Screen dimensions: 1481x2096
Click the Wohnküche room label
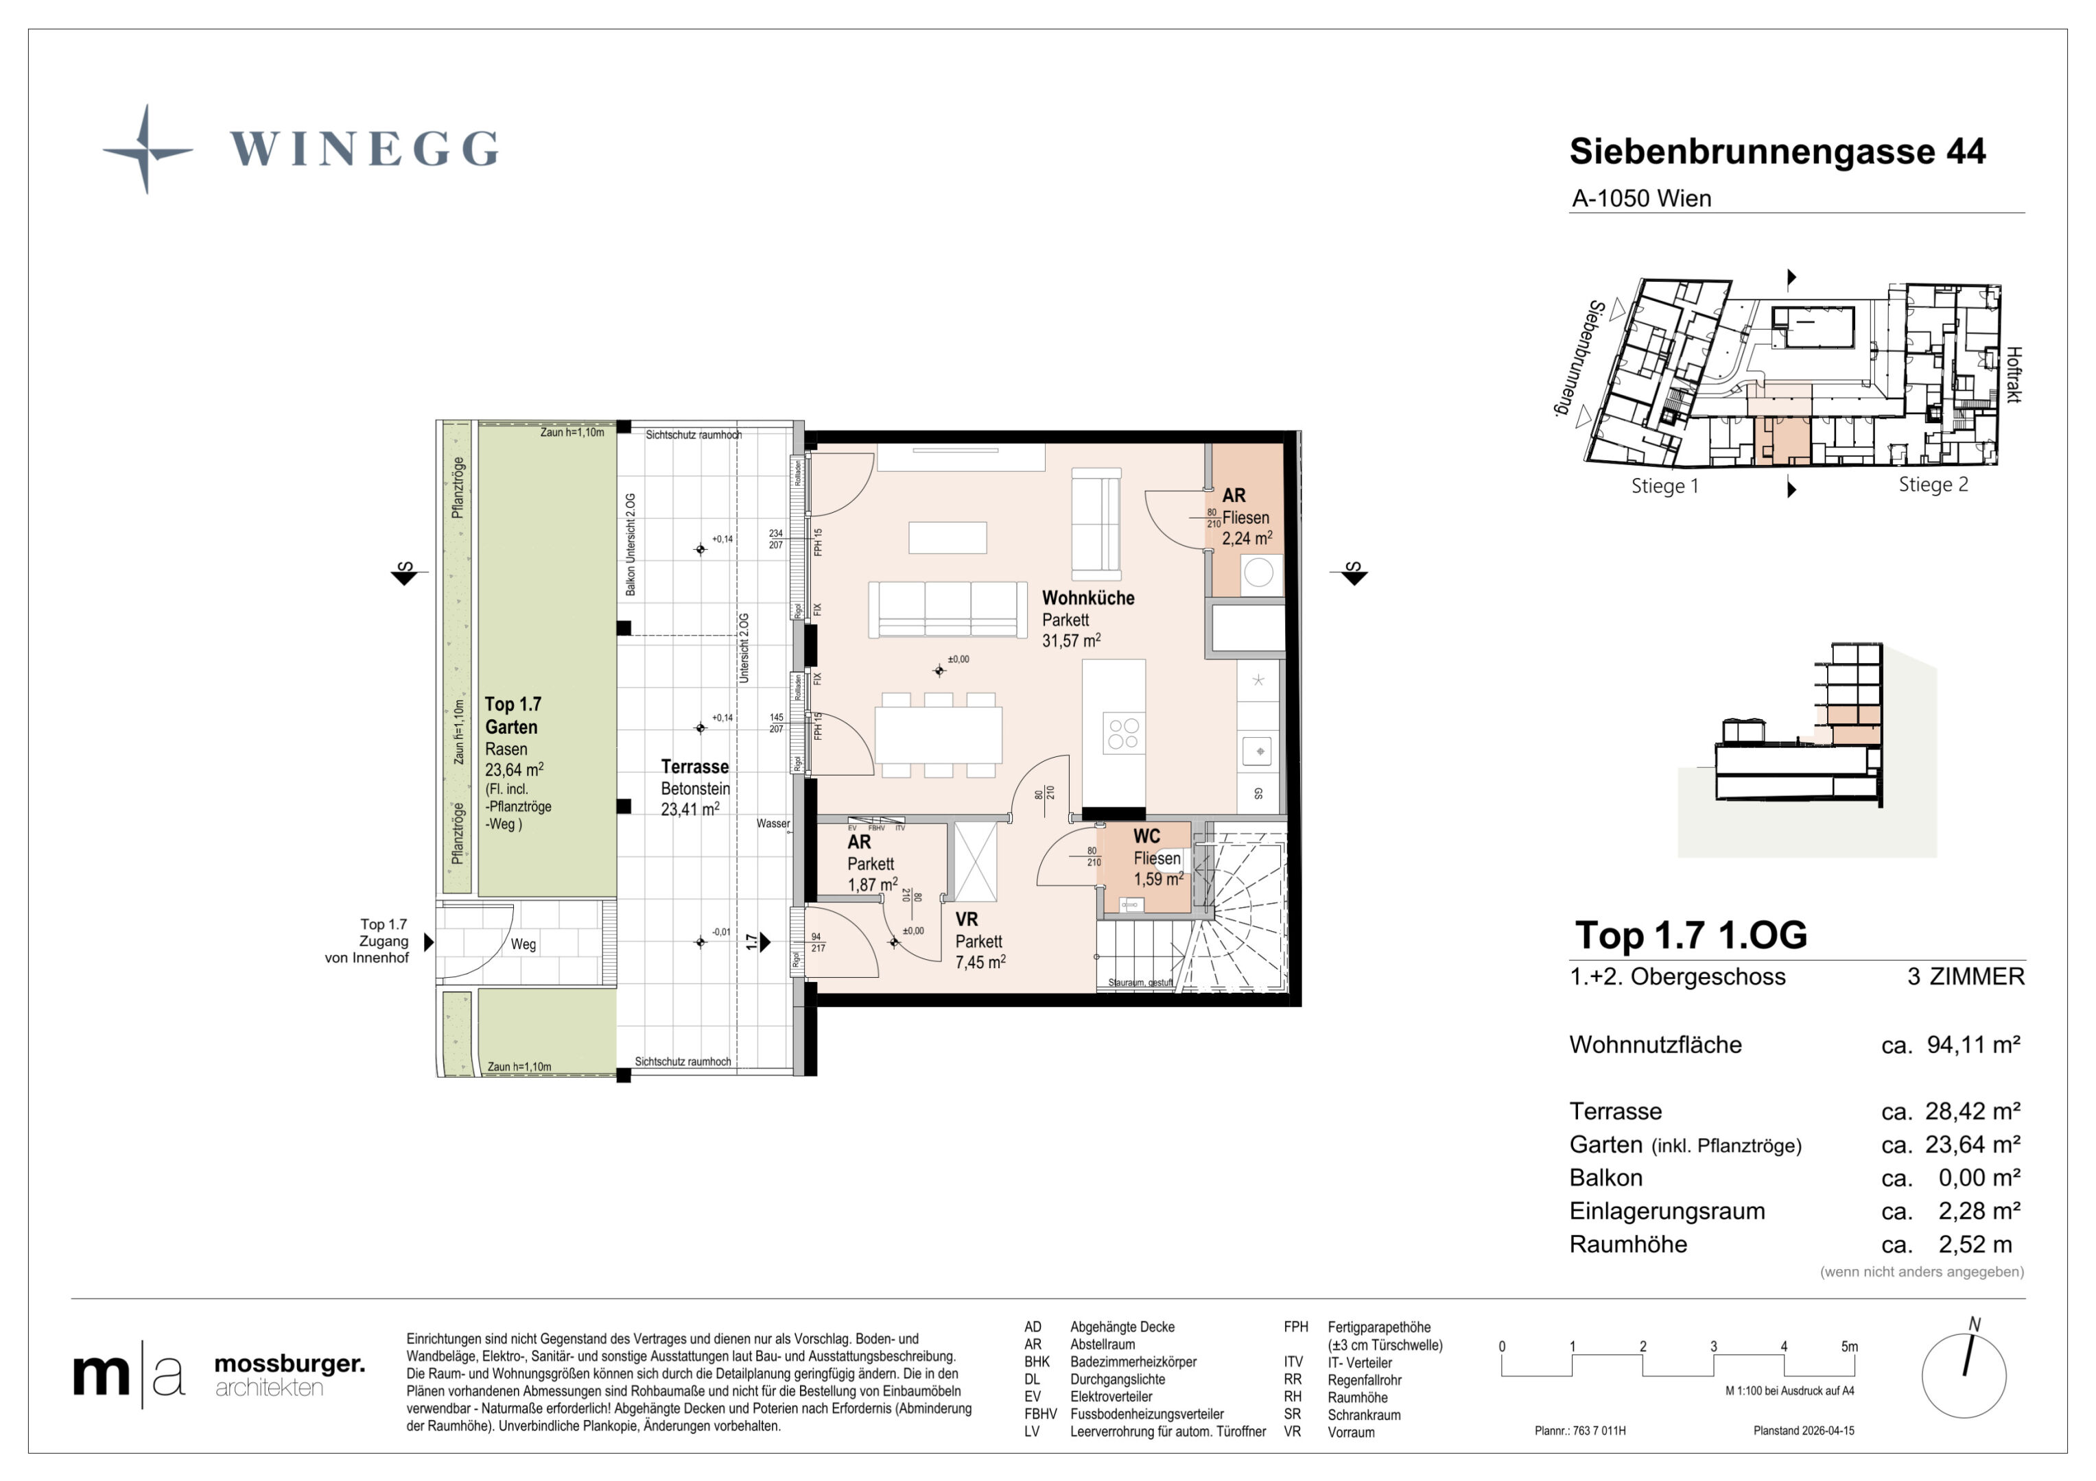[1087, 599]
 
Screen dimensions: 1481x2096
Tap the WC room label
[1146, 836]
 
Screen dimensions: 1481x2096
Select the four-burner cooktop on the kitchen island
[1122, 734]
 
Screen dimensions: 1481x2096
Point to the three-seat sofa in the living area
[947, 609]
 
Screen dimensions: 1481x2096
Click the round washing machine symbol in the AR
[1258, 573]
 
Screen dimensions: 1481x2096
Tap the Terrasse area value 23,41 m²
[690, 809]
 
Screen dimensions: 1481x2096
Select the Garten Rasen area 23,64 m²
[514, 770]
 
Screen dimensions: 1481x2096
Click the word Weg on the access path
[523, 944]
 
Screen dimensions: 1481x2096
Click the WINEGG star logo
[147, 149]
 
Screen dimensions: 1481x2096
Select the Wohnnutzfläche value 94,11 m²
[1972, 1045]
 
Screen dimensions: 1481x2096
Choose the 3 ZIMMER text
[1966, 976]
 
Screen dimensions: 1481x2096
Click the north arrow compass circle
[1964, 1375]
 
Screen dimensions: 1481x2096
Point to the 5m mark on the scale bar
[1848, 1347]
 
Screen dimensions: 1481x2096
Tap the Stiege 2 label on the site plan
[1933, 485]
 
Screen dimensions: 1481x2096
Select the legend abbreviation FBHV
[1040, 1414]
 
